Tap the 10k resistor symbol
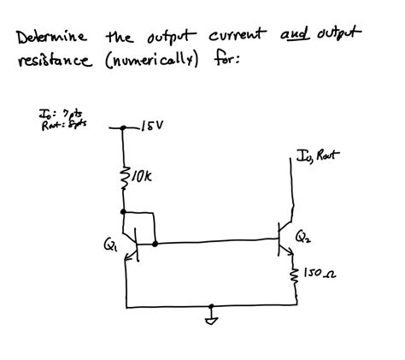pyautogui.click(x=124, y=178)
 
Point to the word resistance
pyautogui.click(x=56, y=62)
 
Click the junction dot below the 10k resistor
pyautogui.click(x=124, y=210)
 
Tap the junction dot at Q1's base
pyautogui.click(x=155, y=243)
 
